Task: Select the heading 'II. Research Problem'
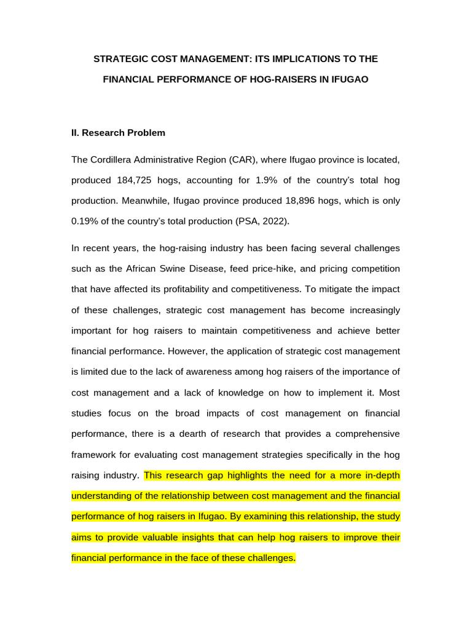118,132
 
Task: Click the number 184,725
137,180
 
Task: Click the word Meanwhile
144,201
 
